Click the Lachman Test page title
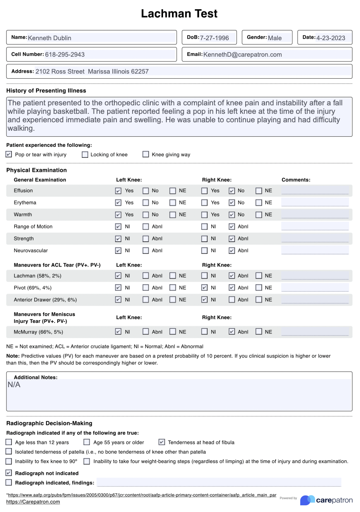179,14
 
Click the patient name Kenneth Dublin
50,38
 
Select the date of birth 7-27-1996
214,38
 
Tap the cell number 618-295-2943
65,54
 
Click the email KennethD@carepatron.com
242,54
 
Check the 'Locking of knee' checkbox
85,154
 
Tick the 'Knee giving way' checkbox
146,154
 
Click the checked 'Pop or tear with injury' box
9,154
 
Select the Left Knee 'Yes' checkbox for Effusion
118,191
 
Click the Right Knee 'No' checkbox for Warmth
232,215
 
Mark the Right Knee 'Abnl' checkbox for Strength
232,239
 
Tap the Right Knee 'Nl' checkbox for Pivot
205,288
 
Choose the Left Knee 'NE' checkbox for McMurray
173,332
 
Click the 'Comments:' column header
296,180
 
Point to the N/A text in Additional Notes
14,385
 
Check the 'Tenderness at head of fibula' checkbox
161,442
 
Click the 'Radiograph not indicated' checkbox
9,473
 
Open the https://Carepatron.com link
33,502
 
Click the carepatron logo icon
307,500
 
